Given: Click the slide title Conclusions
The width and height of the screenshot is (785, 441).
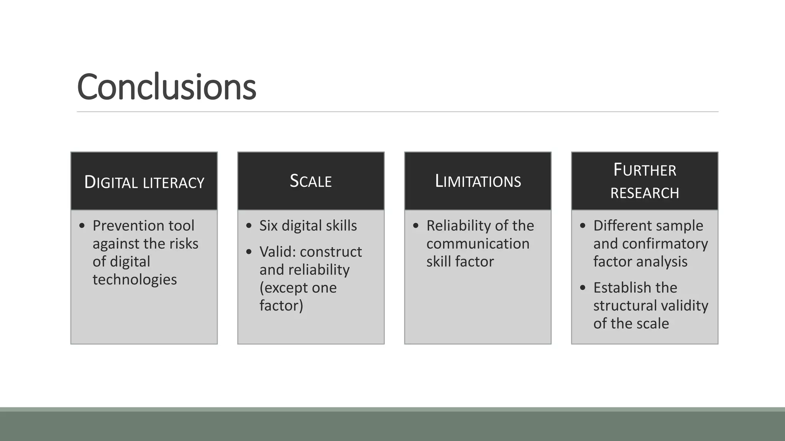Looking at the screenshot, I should [x=166, y=87].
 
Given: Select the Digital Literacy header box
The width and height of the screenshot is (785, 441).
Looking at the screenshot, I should [x=144, y=181].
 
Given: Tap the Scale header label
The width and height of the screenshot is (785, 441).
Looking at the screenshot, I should [x=311, y=181].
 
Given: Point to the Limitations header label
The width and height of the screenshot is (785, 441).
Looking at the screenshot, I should [x=478, y=181].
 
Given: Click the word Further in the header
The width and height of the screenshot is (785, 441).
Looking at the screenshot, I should [x=645, y=170].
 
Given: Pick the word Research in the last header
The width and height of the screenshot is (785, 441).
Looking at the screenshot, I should [x=645, y=193].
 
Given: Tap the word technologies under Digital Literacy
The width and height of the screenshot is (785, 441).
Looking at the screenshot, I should [x=135, y=279].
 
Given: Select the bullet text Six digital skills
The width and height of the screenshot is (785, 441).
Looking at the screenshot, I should [x=308, y=225].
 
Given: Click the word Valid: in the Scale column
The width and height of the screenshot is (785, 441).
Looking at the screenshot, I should [x=278, y=252].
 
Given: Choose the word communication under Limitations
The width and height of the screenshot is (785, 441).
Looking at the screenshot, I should [x=478, y=243].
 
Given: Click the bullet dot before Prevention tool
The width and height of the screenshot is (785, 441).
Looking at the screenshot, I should [x=82, y=226].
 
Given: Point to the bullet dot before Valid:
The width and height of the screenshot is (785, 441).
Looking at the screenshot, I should [x=249, y=252].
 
